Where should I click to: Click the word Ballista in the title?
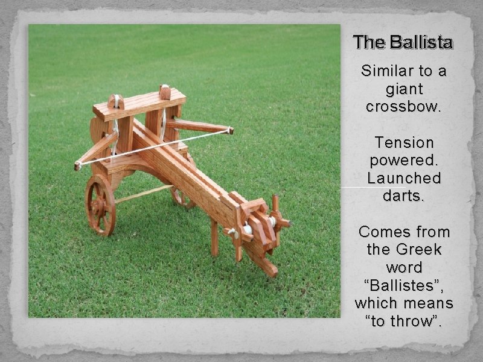tap(421, 42)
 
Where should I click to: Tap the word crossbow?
tap(404, 107)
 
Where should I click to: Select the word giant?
tap(404, 89)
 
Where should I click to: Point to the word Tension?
tap(404, 143)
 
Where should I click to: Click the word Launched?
tap(404, 179)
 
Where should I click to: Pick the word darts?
tap(404, 196)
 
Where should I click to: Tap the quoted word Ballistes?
tap(404, 285)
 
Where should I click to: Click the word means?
tap(429, 303)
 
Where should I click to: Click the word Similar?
tap(383, 71)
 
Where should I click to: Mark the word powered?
tap(404, 161)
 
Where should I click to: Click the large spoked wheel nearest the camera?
tap(100, 205)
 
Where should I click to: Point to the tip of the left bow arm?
tap(78, 165)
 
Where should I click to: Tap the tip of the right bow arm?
tap(230, 130)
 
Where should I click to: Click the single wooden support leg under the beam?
tap(214, 238)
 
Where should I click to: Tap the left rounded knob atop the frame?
tap(116, 101)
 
